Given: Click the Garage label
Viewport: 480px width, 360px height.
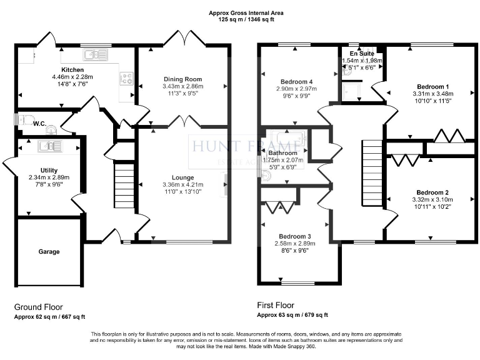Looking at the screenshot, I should (49, 252).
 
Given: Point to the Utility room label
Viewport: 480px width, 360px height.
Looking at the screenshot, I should (49, 170).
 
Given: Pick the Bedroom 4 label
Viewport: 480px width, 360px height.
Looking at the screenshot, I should (296, 82).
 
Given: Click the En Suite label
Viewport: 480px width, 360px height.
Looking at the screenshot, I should (362, 54).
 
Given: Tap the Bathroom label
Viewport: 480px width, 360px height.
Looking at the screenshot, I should (283, 152).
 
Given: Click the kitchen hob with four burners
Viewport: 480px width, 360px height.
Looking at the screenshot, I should (126, 79).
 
